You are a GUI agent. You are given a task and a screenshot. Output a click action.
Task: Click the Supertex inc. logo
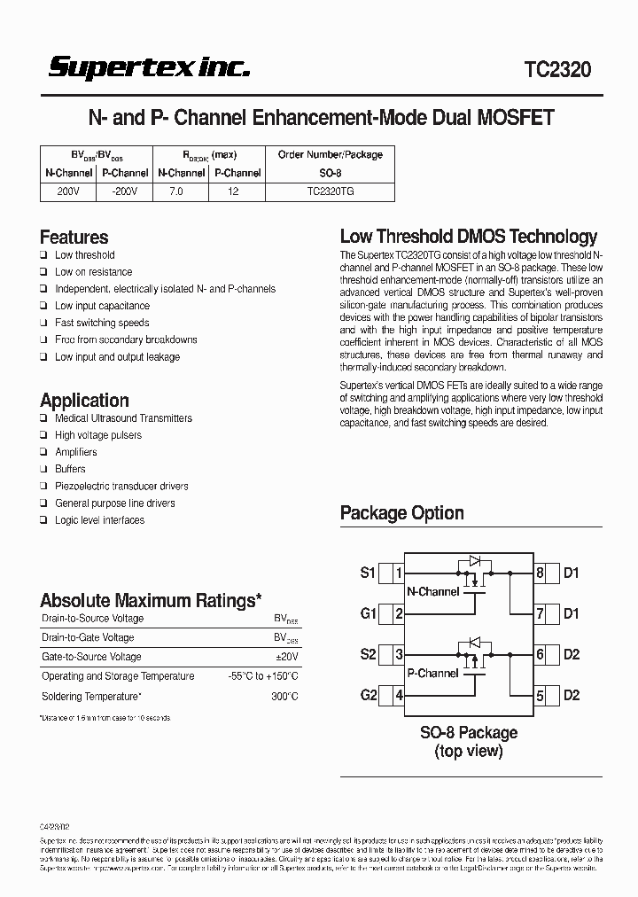(149, 68)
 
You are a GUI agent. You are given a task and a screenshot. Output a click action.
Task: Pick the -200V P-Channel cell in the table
(124, 191)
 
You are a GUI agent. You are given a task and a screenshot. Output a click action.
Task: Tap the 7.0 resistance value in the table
(180, 191)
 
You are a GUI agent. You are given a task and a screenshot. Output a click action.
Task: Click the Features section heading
(74, 238)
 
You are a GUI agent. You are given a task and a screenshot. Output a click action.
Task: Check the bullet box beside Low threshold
(43, 255)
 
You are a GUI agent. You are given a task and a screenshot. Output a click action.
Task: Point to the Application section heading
(84, 401)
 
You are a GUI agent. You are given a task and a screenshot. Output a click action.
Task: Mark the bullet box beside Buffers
(43, 469)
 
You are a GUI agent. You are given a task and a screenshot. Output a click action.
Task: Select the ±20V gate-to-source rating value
(285, 657)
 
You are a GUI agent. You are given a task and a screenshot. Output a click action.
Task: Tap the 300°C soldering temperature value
(284, 697)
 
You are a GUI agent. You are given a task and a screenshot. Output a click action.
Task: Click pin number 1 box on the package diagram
(400, 573)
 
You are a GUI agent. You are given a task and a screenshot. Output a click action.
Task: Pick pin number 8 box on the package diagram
(540, 573)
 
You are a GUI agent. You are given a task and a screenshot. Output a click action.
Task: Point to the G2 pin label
(369, 695)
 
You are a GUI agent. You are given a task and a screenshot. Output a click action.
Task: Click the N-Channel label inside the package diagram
(432, 592)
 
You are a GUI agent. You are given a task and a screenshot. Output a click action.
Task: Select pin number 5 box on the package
(540, 696)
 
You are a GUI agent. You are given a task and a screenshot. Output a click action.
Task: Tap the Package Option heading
(401, 513)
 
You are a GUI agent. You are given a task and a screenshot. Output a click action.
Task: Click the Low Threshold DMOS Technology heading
(469, 237)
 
